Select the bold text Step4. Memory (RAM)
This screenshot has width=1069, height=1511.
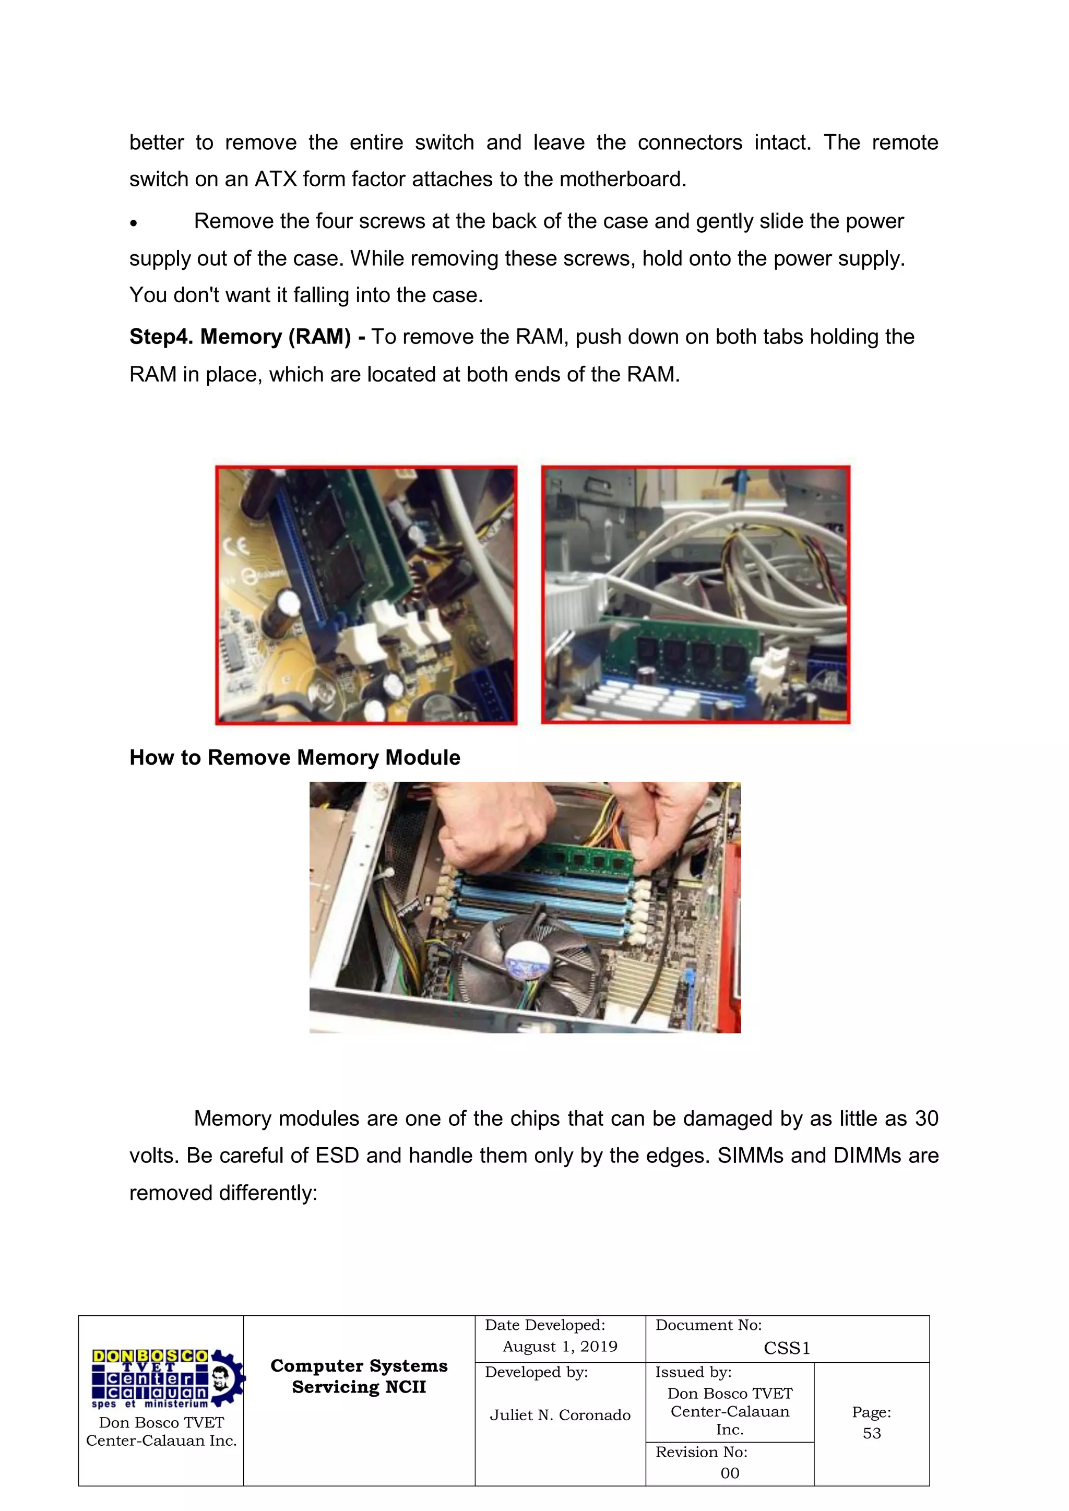(240, 337)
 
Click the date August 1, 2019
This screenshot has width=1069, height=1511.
(560, 1347)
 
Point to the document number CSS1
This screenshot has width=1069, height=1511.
(787, 1349)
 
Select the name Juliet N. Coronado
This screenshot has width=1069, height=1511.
(560, 1415)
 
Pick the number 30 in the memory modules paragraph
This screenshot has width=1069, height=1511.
(926, 1119)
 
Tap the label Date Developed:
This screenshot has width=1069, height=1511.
(544, 1325)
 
